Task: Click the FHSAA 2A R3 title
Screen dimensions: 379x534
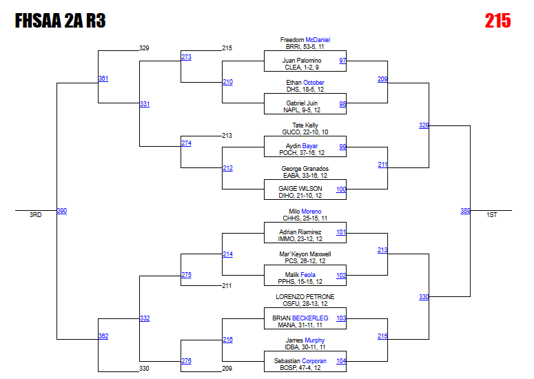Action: pyautogui.click(x=60, y=21)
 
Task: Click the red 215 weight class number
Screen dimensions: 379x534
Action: pyautogui.click(x=497, y=21)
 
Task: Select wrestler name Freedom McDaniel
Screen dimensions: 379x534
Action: pyautogui.click(x=305, y=40)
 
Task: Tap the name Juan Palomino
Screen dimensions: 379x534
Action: pyautogui.click(x=302, y=61)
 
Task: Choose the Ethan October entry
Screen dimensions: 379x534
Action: pyautogui.click(x=305, y=83)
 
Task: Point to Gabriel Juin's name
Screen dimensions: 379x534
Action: pyautogui.click(x=302, y=103)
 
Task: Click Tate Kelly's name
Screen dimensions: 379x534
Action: pyautogui.click(x=305, y=125)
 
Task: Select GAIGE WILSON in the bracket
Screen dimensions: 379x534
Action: pyautogui.click(x=300, y=189)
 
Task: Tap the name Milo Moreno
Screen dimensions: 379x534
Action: pyautogui.click(x=305, y=212)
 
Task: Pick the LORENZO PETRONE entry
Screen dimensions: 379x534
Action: pyautogui.click(x=305, y=297)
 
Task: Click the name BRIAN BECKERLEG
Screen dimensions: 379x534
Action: pyautogui.click(x=305, y=318)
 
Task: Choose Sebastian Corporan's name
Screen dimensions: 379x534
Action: pyautogui.click(x=305, y=361)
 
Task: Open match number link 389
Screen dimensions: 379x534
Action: pyautogui.click(x=465, y=211)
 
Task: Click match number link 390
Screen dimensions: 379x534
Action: pyautogui.click(x=62, y=211)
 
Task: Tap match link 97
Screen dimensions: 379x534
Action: pyautogui.click(x=342, y=61)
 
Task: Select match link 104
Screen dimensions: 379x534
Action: pyautogui.click(x=341, y=361)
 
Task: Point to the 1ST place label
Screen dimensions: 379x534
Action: pyautogui.click(x=491, y=215)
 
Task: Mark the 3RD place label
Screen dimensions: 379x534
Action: pyautogui.click(x=35, y=215)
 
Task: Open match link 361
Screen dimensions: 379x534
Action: pyautogui.click(x=103, y=79)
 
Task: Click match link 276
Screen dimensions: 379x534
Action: pyautogui.click(x=186, y=361)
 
